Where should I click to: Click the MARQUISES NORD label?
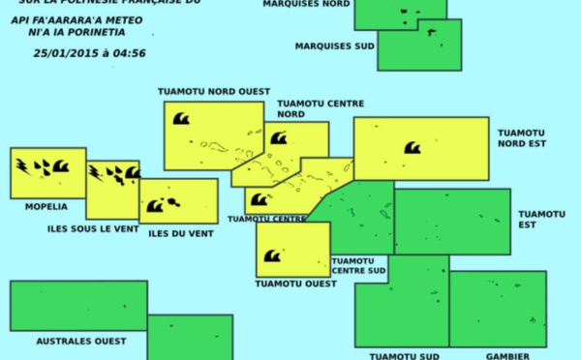(307, 5)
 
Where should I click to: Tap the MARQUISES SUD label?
(333, 45)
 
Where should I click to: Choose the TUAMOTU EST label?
(541, 220)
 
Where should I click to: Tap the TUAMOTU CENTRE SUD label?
(359, 265)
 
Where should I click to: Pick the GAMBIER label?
(507, 355)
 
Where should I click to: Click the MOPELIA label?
(47, 206)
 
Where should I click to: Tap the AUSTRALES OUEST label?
(81, 341)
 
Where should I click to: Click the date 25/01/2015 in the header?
(64, 52)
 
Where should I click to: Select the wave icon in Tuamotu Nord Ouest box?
(180, 119)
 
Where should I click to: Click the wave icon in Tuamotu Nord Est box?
(413, 148)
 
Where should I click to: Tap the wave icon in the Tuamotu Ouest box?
(272, 256)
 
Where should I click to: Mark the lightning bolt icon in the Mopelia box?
(21, 165)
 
